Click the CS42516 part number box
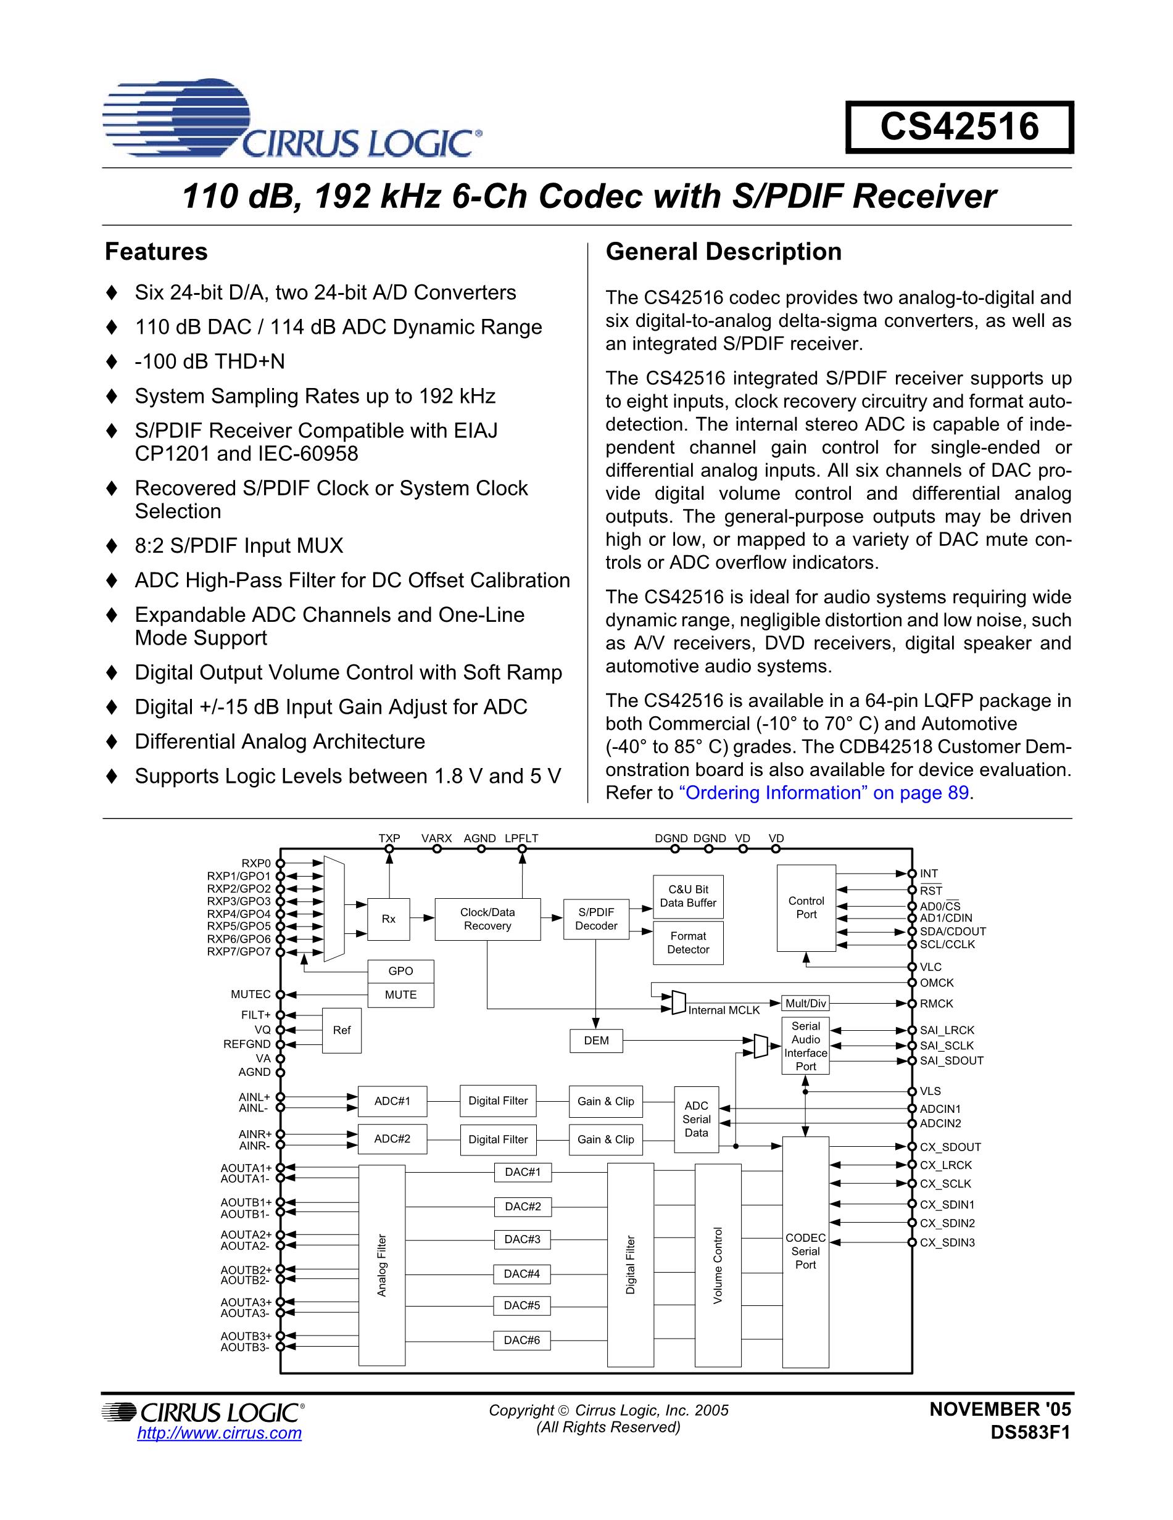point(960,127)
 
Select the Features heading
point(156,252)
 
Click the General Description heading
point(723,252)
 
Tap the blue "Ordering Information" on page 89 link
point(824,793)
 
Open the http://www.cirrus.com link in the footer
point(219,1433)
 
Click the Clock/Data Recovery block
point(487,919)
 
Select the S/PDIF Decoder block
point(596,919)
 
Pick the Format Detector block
point(688,943)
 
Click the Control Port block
point(806,908)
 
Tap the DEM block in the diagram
point(596,1041)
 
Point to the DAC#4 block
point(522,1274)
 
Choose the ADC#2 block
point(392,1139)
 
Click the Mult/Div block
point(805,1003)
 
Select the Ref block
point(342,1030)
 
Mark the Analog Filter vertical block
point(381,1265)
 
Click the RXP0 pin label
point(255,864)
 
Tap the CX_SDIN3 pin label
point(947,1242)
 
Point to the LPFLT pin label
point(521,838)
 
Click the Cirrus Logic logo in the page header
point(292,118)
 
